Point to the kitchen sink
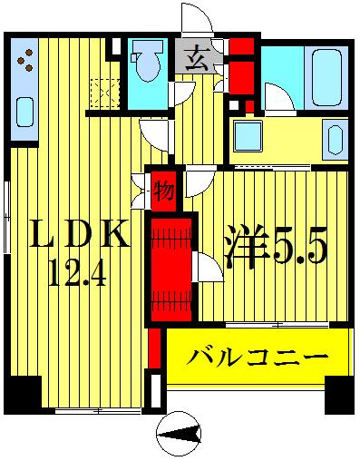(x=24, y=114)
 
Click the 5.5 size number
(x=296, y=252)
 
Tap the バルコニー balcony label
(x=258, y=358)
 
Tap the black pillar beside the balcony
(x=339, y=392)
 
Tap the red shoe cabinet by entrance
(x=241, y=64)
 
